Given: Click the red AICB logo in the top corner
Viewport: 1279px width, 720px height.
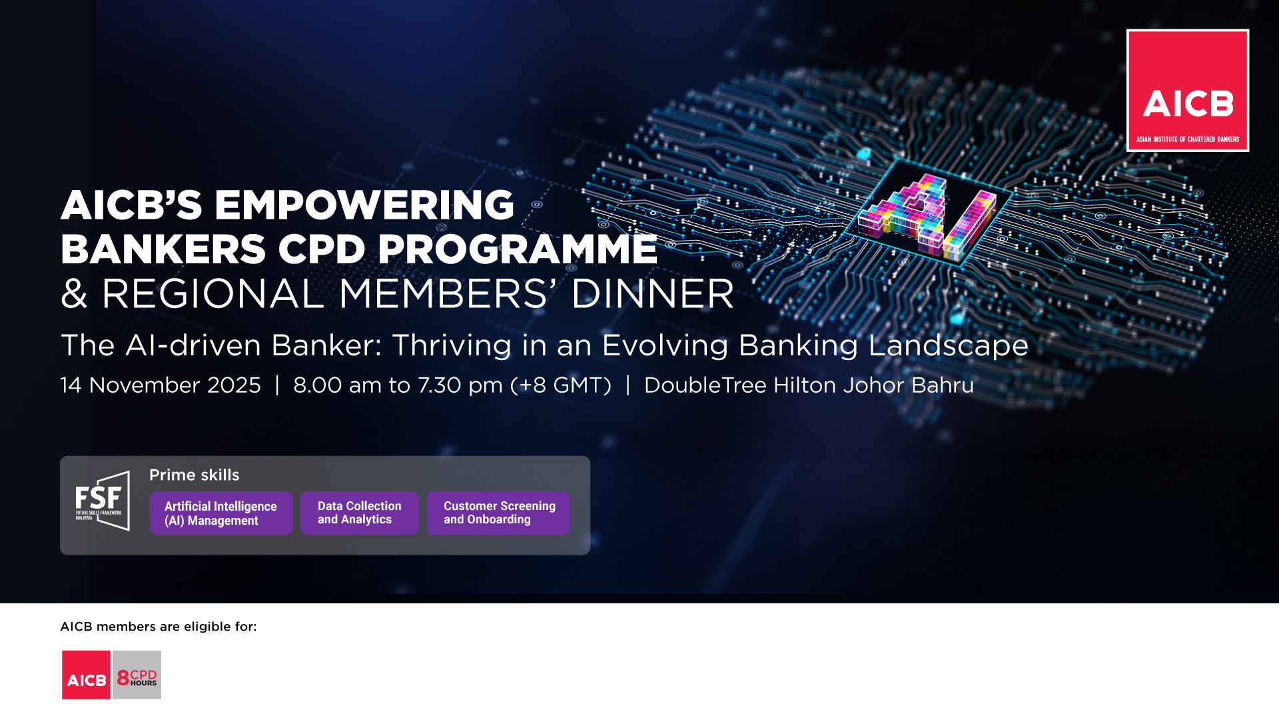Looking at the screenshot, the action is point(1187,90).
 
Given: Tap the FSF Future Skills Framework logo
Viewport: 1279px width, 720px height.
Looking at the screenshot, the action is point(102,501).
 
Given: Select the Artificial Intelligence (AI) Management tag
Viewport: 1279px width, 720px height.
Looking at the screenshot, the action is point(221,513).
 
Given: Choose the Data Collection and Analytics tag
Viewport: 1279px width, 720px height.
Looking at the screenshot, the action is point(359,513).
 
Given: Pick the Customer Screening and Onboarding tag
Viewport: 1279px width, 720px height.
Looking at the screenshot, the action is point(498,513).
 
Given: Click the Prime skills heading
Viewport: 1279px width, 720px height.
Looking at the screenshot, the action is point(194,475).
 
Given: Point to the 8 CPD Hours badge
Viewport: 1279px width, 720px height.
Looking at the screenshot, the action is point(137,675).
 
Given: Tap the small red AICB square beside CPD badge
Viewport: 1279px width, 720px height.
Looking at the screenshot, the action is point(86,675).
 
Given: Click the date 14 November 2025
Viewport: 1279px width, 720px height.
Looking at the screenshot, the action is point(161,385).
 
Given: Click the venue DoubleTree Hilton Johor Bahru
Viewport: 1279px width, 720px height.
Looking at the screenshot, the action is point(809,385).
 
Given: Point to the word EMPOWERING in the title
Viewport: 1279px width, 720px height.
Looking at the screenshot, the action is point(364,205).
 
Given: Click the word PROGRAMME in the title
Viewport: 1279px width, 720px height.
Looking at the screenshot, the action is point(518,249).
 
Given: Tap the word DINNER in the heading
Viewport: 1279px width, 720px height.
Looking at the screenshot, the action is point(652,294).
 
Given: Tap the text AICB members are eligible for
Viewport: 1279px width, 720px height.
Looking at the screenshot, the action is point(159,627).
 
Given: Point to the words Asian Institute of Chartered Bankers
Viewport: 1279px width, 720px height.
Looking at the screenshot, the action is point(1188,139).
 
